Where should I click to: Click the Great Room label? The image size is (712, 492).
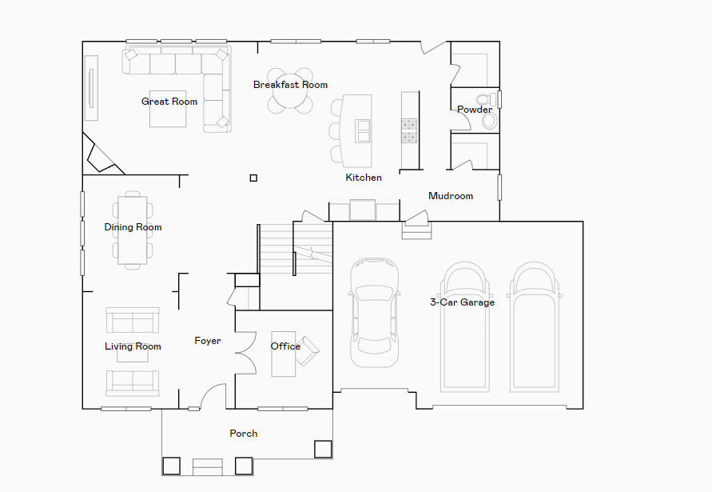[x=169, y=102]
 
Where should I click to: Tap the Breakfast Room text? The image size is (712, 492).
[x=290, y=85]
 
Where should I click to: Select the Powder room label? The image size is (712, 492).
[x=475, y=110]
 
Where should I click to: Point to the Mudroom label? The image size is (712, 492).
[x=451, y=196]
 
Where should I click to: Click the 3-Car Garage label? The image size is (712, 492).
[x=462, y=302]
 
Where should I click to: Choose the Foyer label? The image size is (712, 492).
[x=208, y=341]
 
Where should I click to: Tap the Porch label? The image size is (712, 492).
[x=244, y=434]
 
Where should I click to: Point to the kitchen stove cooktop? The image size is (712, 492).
[x=409, y=130]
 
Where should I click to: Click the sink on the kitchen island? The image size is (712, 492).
[x=364, y=130]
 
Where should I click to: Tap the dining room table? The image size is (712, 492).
[x=133, y=230]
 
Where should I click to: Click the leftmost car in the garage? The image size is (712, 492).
[x=374, y=312]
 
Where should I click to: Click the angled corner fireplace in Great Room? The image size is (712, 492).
[x=101, y=158]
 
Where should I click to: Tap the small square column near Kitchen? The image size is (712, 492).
[x=253, y=178]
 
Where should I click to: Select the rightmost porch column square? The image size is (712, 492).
[x=323, y=449]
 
